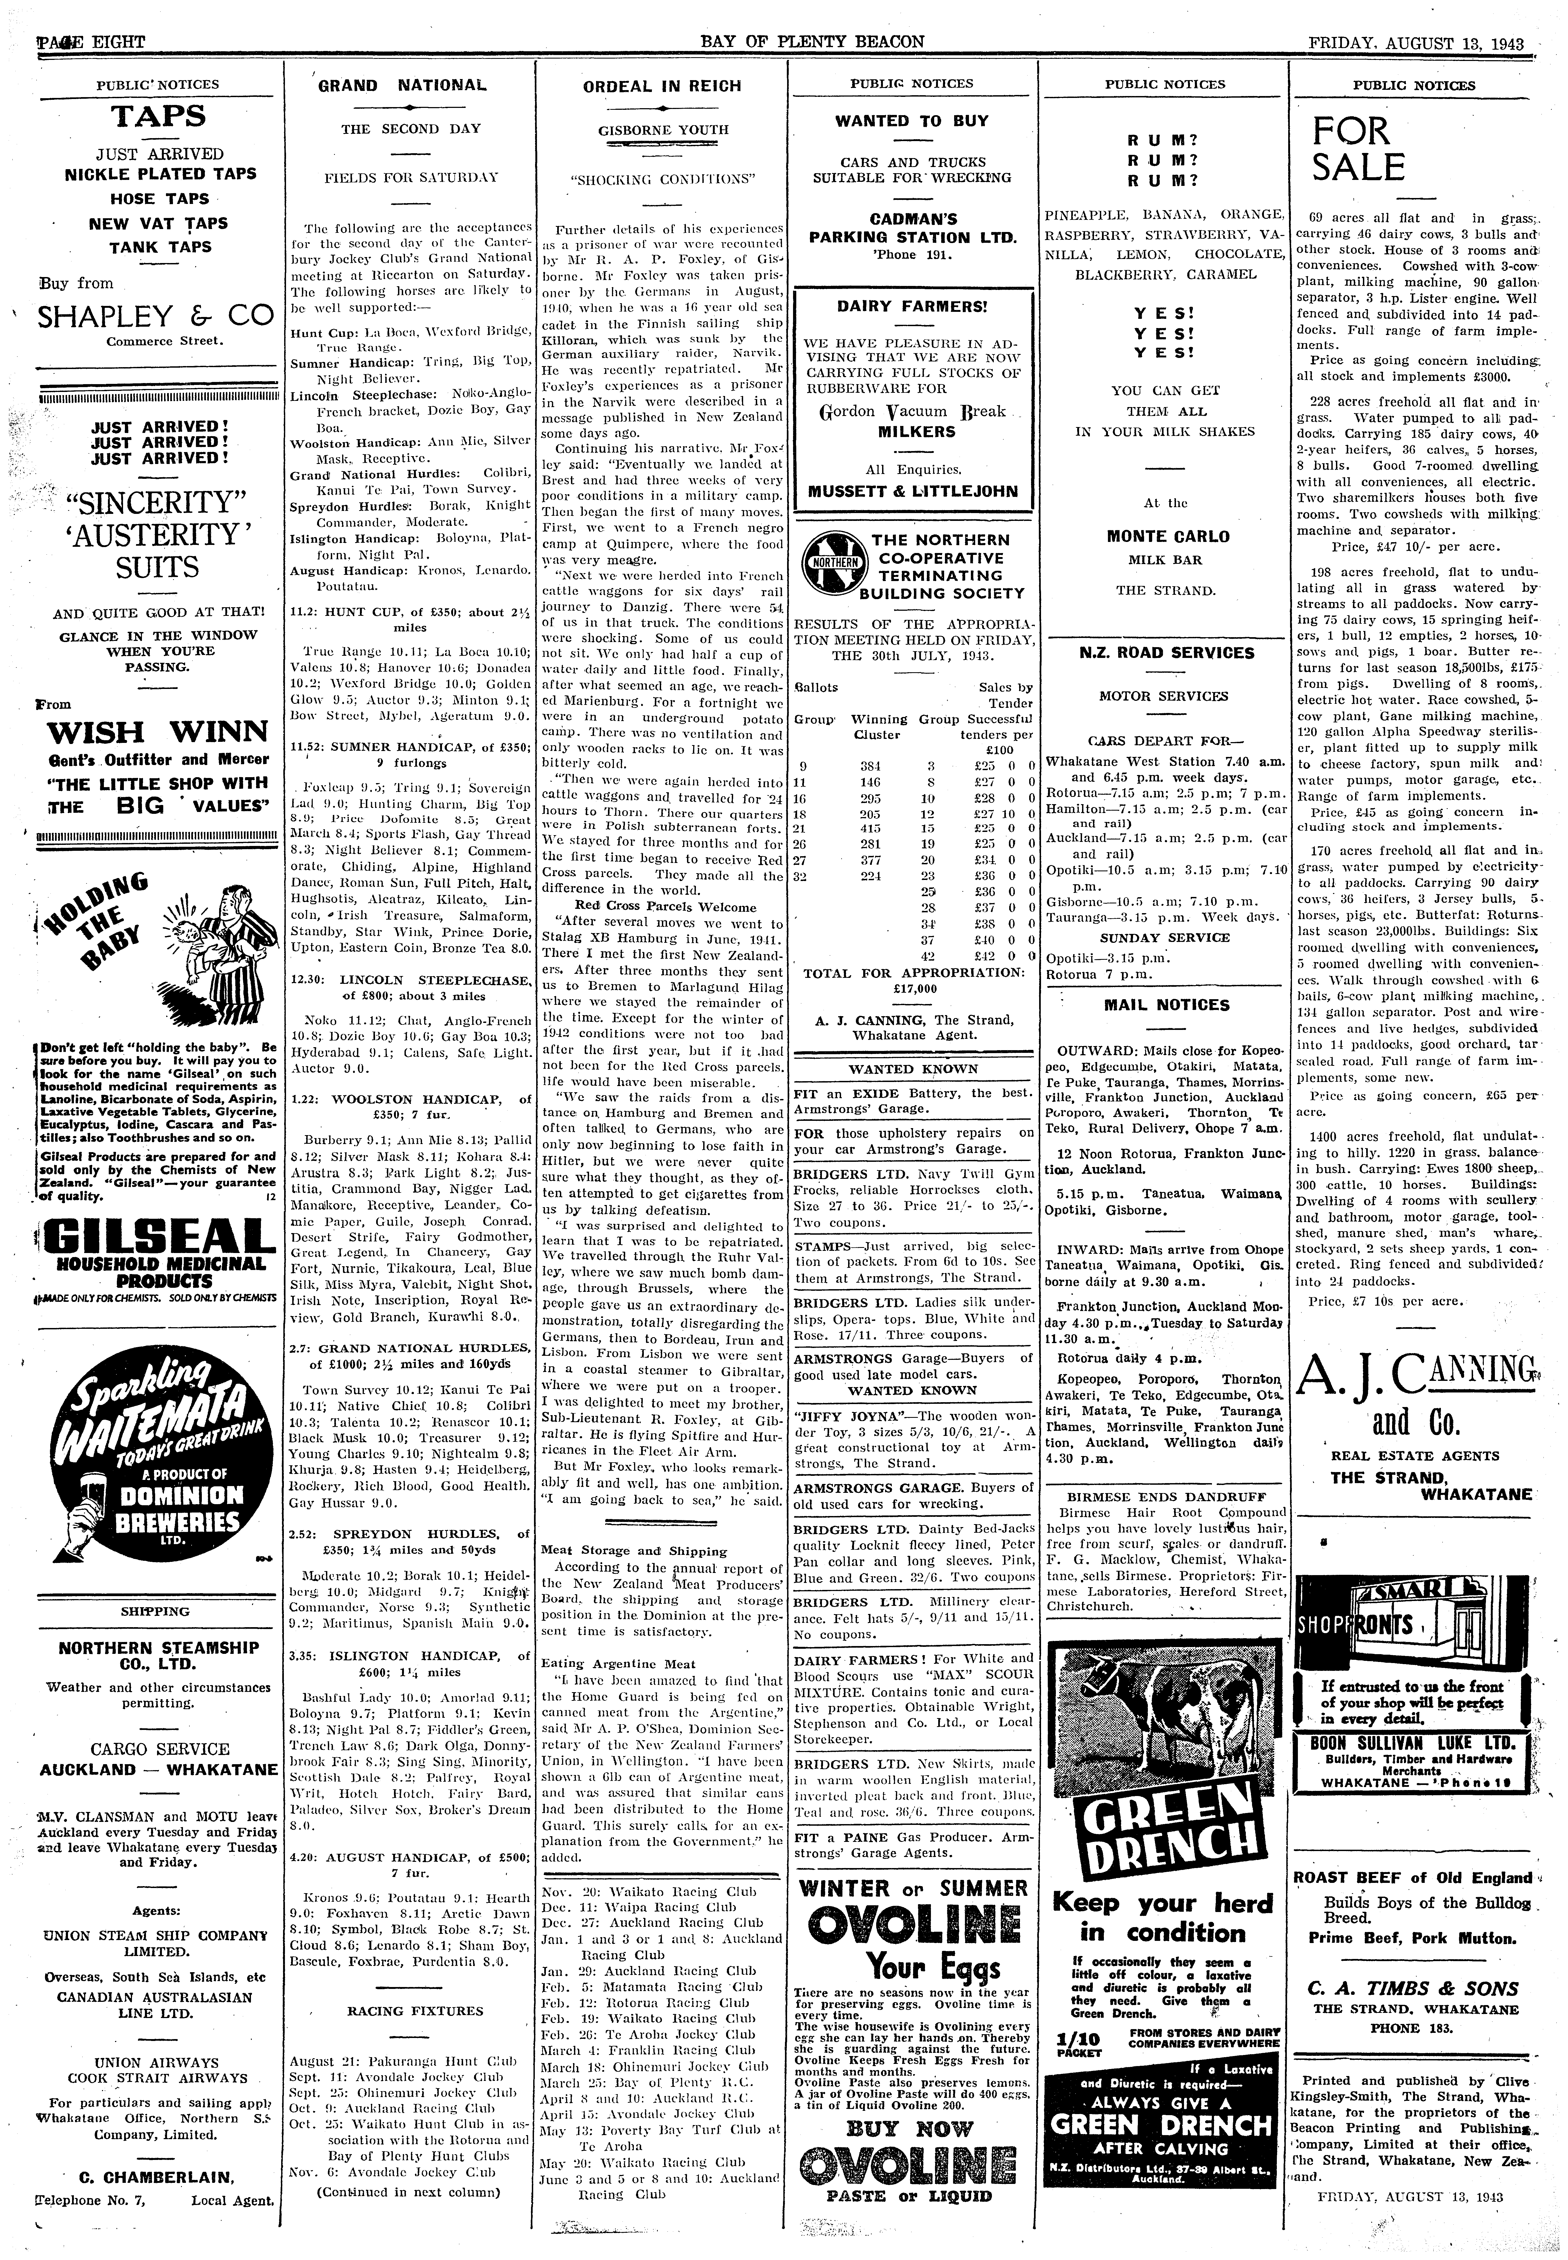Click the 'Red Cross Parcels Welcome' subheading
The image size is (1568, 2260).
point(668,907)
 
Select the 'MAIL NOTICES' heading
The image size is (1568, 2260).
point(1166,1005)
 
